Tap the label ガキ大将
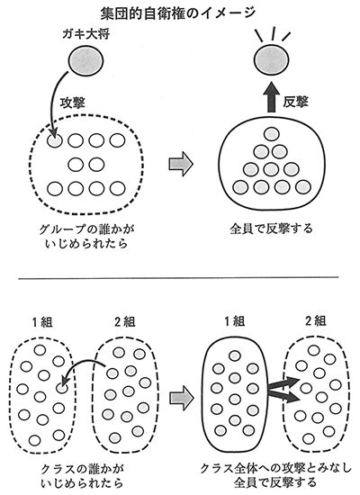coord(85,33)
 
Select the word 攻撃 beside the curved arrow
coord(73,103)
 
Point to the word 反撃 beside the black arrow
coord(295,102)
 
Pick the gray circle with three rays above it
coord(272,60)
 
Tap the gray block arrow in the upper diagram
coord(181,164)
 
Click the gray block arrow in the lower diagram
coord(181,399)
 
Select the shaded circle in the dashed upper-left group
coord(55,141)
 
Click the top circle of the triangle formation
coord(272,134)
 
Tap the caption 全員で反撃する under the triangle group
coord(272,229)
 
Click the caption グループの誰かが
coord(86,229)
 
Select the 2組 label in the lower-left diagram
coord(124,322)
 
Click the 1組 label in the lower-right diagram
coord(234,321)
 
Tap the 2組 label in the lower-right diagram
coord(315,321)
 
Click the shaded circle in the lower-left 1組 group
coord(62,388)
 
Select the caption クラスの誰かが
coord(83,470)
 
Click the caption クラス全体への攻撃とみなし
coord(276,469)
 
